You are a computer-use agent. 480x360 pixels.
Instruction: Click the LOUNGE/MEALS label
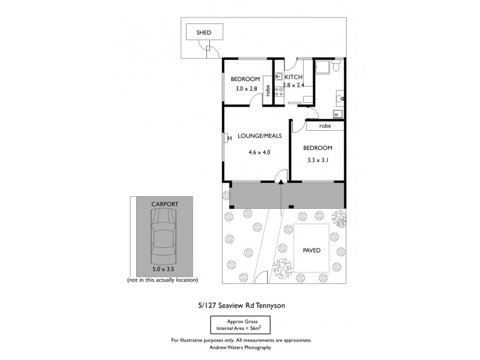[x=259, y=136]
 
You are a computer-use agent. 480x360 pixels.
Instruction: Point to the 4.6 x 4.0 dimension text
[x=259, y=152]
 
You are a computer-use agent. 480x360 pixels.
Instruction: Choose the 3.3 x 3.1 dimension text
[x=317, y=161]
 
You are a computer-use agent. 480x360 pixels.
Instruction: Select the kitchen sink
[x=279, y=77]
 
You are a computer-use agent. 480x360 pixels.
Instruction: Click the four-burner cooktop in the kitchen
[x=279, y=92]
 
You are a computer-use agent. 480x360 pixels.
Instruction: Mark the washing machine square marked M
[x=337, y=113]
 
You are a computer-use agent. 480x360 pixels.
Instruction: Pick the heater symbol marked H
[x=228, y=139]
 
